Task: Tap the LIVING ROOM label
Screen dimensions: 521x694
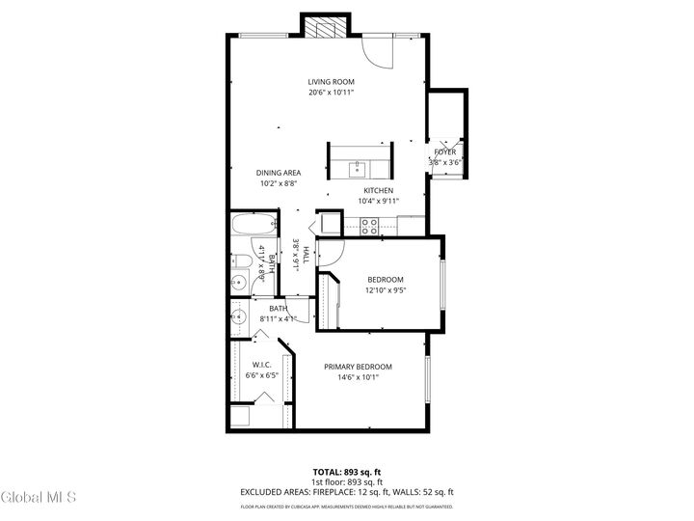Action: [331, 82]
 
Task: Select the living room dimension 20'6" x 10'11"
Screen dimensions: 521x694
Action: [331, 94]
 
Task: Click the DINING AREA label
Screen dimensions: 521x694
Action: [279, 173]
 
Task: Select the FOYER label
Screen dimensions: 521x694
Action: [445, 152]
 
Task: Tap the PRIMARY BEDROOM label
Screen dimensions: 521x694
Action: [358, 367]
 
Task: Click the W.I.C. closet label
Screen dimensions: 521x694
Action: [261, 365]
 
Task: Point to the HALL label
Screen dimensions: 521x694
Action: [306, 255]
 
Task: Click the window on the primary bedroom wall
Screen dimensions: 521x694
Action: [427, 380]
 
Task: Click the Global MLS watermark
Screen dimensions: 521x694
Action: [38, 497]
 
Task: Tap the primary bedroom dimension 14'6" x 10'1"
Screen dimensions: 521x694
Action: [358, 378]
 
